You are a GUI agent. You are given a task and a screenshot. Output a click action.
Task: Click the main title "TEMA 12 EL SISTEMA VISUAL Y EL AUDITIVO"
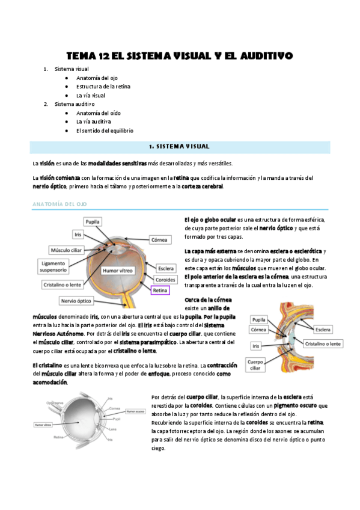(179, 56)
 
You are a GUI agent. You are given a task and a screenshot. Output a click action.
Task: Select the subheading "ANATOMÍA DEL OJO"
(59, 204)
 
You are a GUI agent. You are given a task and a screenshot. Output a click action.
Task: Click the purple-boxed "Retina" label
(160, 290)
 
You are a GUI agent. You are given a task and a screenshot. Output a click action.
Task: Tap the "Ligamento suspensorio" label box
(54, 266)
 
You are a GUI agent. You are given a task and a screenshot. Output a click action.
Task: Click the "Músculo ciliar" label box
(67, 249)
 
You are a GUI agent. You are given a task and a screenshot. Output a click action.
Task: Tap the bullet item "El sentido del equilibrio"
(105, 131)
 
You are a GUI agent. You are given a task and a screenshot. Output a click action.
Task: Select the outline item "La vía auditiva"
(93, 121)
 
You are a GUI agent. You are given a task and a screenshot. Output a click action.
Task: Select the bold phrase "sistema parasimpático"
(150, 342)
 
